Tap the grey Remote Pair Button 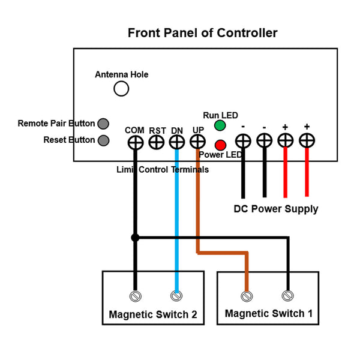[x=103, y=124]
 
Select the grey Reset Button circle [x=103, y=140]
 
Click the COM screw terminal [x=136, y=143]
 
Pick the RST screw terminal [x=157, y=142]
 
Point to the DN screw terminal [x=177, y=142]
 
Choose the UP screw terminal [x=197, y=142]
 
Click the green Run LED [x=220, y=125]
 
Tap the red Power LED [x=220, y=145]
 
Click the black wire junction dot [x=135, y=238]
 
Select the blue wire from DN [x=176, y=221]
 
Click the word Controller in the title [x=247, y=33]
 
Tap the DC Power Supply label [x=276, y=209]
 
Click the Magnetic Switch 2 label [x=153, y=314]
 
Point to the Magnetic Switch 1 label [x=269, y=313]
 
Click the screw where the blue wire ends [x=176, y=296]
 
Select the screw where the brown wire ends [x=247, y=296]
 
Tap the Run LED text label [x=220, y=115]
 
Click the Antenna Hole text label [x=121, y=74]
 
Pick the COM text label [x=134, y=130]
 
